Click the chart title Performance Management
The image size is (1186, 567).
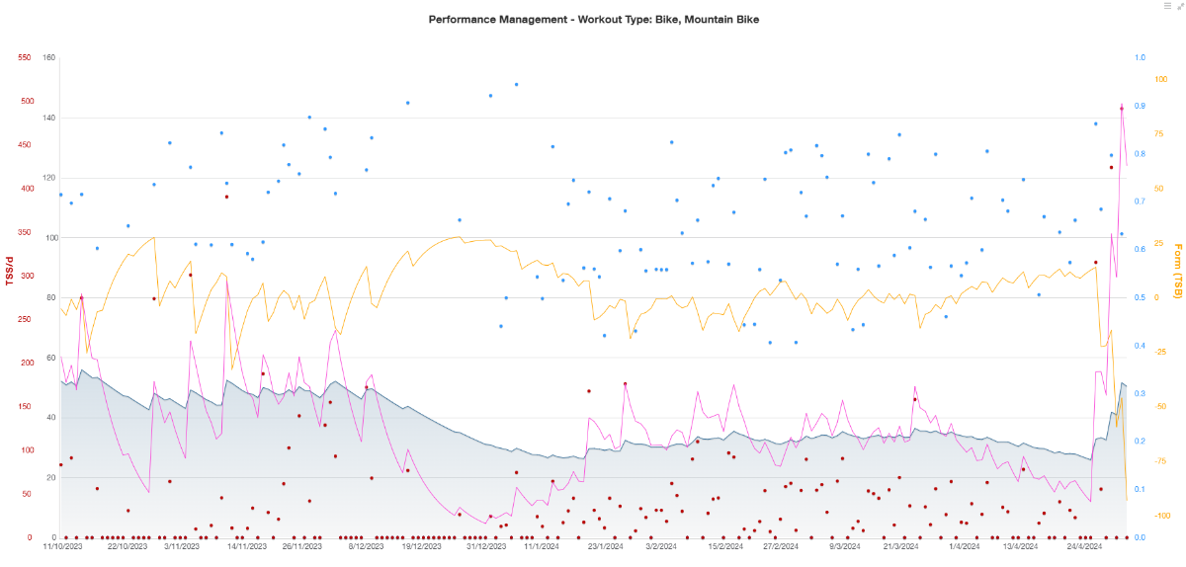[593, 19]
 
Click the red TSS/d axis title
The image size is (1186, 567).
[11, 272]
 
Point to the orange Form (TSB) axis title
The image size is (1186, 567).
[1177, 271]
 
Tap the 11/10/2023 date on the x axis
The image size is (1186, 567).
[61, 545]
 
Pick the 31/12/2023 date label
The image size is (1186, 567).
[486, 545]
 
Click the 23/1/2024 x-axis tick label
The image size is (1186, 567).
[605, 545]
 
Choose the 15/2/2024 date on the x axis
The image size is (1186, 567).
[726, 545]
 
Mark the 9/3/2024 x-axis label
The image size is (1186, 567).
[845, 545]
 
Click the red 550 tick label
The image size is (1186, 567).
[27, 57]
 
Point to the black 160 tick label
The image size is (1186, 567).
[49, 57]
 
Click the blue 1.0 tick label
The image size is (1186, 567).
[1140, 57]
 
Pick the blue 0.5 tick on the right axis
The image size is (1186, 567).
[1140, 297]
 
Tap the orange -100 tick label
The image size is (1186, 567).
[1162, 516]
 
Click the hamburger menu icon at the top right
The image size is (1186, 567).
[1167, 6]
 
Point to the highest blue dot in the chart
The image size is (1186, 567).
[516, 85]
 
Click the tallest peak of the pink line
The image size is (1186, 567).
[1121, 107]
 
